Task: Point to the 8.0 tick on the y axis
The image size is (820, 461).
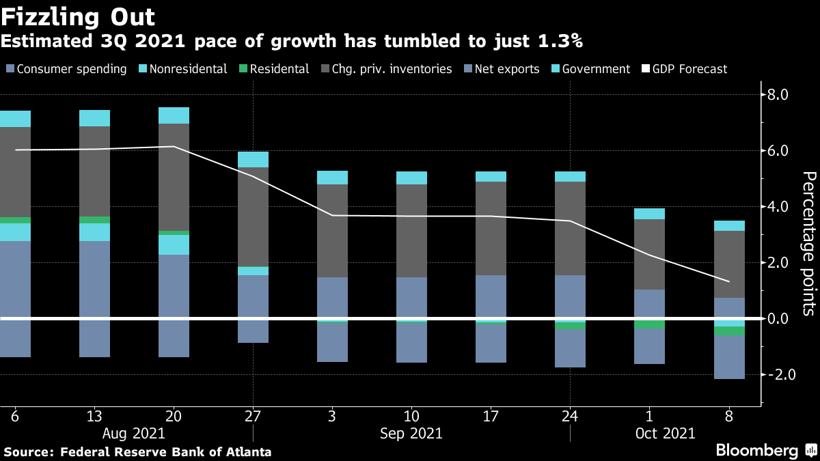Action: point(778,94)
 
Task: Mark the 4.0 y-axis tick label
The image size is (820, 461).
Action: point(778,207)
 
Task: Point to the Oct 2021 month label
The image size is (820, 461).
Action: point(665,433)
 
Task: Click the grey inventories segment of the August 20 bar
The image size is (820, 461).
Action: point(174,177)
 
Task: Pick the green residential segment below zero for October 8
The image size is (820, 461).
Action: point(728,331)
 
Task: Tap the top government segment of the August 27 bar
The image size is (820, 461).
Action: point(253,159)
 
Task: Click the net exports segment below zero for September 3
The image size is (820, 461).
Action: point(332,342)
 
